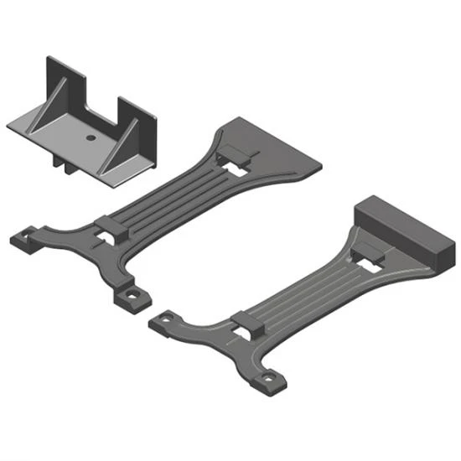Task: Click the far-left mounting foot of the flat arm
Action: tap(24, 238)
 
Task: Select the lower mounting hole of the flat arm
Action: tap(129, 297)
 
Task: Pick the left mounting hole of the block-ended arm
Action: tap(163, 320)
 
